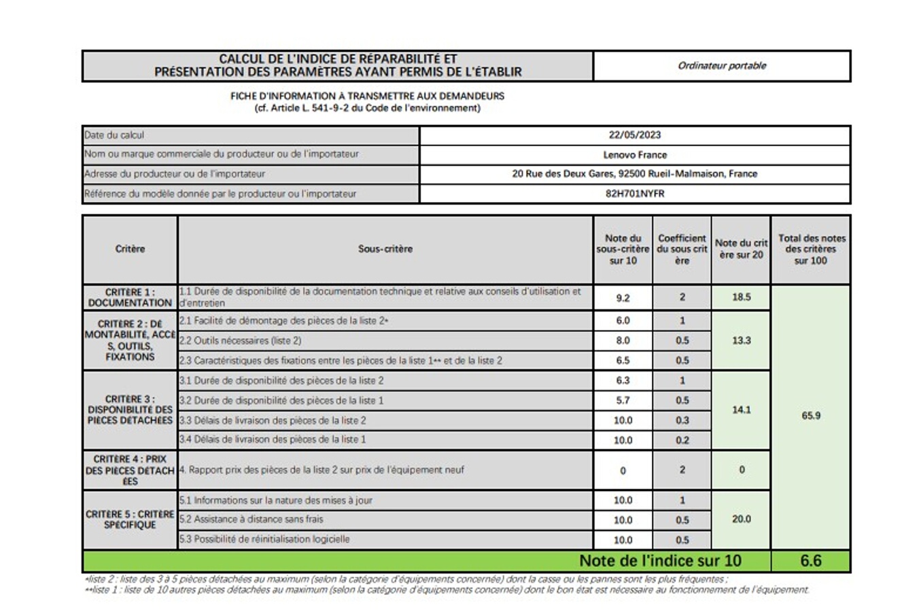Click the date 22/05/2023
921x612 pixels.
(x=634, y=135)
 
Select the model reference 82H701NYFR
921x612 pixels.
(x=634, y=193)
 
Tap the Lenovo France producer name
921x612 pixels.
(x=634, y=154)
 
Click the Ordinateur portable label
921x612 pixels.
(x=721, y=66)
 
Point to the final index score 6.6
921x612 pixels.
(x=810, y=561)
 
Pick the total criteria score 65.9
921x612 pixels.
(x=810, y=415)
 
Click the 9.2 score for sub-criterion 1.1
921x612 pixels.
(x=623, y=297)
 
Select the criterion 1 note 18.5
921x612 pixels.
(x=741, y=297)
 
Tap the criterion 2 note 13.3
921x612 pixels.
(x=741, y=340)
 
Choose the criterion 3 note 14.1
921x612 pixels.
(x=741, y=410)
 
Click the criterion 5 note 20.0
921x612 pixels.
(x=741, y=519)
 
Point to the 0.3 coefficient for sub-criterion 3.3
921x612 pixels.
(x=682, y=420)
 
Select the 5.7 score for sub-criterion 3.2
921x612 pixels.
(x=623, y=401)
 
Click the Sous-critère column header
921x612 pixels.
(x=385, y=249)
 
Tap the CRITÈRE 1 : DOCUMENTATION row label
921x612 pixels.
(x=130, y=297)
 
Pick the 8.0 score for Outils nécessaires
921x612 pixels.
(x=623, y=340)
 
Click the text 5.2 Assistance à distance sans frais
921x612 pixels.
(x=251, y=520)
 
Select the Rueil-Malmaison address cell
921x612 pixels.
(x=634, y=174)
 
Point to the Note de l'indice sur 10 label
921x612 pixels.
(x=659, y=561)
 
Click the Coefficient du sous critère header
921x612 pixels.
(x=682, y=249)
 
